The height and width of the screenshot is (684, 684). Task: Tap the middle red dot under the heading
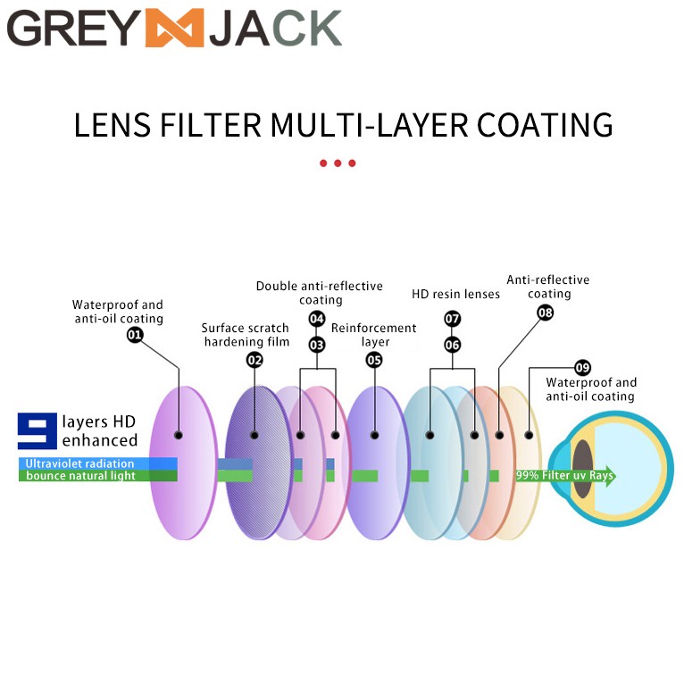338,163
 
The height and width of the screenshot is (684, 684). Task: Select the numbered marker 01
135,335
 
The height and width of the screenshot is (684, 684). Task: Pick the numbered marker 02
254,360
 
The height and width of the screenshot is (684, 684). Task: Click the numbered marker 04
317,319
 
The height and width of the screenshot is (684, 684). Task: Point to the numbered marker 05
374,360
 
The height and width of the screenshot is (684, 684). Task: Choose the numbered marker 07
453,319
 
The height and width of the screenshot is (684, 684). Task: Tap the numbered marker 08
545,313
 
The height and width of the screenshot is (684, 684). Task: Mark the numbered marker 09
582,367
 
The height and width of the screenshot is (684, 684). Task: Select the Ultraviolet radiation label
79,463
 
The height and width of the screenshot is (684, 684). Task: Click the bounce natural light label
80,476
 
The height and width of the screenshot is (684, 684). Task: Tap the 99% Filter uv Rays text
563,476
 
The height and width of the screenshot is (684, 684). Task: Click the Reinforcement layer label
374,335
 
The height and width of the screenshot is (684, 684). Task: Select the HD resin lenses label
455,294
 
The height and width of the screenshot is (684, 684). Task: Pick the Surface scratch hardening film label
246,335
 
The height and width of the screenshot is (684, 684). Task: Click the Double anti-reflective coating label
320,293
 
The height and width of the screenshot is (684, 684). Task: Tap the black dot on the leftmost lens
179,435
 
